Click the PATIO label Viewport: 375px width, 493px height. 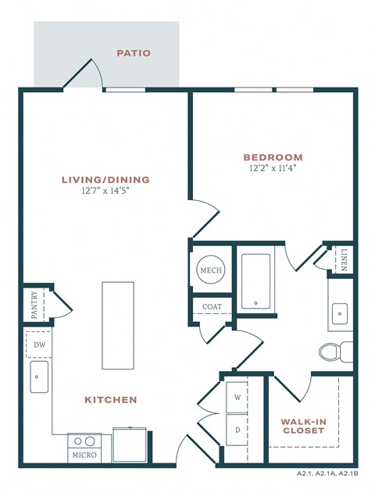[134, 53]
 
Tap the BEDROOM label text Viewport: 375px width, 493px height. [273, 157]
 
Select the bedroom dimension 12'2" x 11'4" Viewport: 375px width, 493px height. [273, 167]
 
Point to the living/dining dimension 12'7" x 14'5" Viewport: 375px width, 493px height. [105, 191]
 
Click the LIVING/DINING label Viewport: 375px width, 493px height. [105, 180]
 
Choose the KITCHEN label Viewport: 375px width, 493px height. [110, 399]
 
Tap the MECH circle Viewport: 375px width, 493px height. [211, 270]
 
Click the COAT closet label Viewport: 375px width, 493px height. [211, 307]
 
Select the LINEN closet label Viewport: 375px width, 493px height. [345, 258]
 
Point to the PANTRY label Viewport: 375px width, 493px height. [34, 305]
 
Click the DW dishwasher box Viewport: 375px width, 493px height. [39, 343]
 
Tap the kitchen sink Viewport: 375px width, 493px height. [39, 377]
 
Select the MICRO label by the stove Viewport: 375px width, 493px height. [84, 454]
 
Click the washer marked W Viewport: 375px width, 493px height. [237, 396]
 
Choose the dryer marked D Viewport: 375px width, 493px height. [237, 429]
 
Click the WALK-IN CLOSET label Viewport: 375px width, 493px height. [303, 426]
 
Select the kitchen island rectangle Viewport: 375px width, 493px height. [118, 324]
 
